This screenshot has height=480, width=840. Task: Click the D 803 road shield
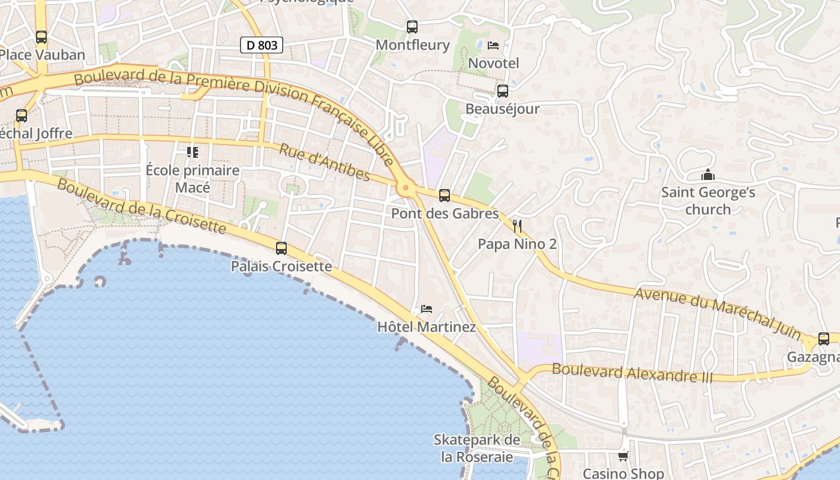coord(262,45)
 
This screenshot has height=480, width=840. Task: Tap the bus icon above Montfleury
coord(412,26)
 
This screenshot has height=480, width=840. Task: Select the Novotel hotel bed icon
coord(493,45)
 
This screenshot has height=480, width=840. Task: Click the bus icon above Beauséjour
coord(503,91)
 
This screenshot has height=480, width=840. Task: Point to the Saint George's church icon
coord(708,175)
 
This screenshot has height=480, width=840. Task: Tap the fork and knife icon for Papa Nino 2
coord(517,226)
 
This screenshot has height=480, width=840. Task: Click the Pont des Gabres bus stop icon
coord(445,195)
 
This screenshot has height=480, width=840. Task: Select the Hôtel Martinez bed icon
coord(427,309)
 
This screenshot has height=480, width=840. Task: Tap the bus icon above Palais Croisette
coord(281,248)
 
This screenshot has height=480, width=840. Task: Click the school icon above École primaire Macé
coord(193,152)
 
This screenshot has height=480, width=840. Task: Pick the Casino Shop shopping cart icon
coord(623,457)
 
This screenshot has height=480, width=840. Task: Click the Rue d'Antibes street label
coord(325,162)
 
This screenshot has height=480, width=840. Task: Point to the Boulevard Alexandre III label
coord(632,373)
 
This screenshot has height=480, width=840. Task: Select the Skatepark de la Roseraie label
coord(477,448)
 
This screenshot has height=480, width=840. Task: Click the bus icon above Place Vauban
coord(41,37)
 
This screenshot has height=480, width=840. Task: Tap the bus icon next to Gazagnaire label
coord(824,339)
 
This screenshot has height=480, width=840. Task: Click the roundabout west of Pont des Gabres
coord(407,188)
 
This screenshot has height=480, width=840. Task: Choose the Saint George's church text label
coord(708,200)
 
